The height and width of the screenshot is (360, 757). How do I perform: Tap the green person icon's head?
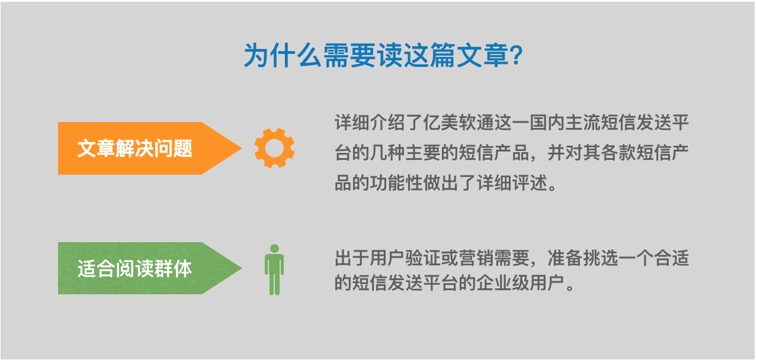tap(274, 249)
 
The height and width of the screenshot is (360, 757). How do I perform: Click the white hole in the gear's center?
tap(274, 148)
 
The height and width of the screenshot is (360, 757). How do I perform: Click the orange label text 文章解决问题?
tap(135, 148)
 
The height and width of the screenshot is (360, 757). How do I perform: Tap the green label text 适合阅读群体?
tap(135, 268)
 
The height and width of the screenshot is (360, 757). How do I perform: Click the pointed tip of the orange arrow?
tap(241, 148)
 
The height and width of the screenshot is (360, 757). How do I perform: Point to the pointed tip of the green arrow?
tap(241, 268)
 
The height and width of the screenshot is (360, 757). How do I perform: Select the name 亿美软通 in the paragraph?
tap(458, 122)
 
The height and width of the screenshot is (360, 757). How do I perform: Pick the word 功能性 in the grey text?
tap(396, 183)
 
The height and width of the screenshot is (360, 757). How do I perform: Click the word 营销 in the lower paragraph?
tap(476, 258)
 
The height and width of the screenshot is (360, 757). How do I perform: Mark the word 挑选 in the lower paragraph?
tap(601, 258)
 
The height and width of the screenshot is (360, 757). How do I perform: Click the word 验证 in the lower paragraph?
tap(423, 258)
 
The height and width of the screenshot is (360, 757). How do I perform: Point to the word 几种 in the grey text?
tap(387, 153)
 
